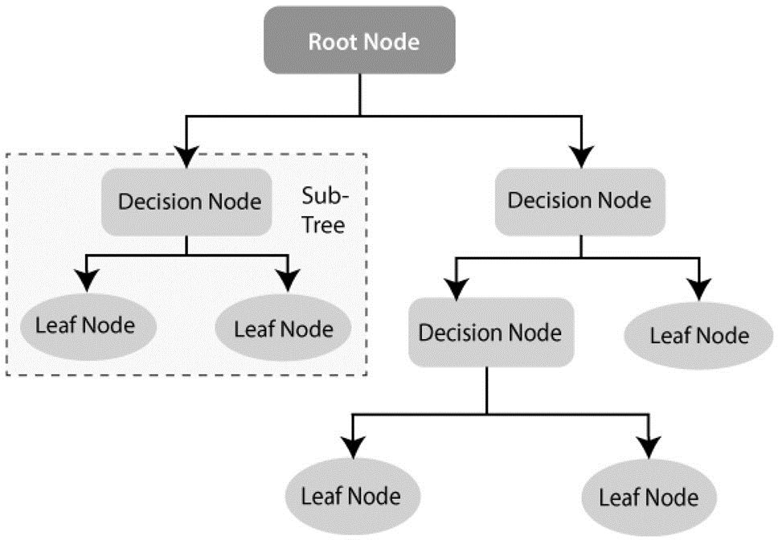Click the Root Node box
point(360,40)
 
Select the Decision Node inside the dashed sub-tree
point(186,202)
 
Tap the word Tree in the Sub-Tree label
point(324,225)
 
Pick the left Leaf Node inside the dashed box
point(88,326)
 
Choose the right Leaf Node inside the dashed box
point(283,329)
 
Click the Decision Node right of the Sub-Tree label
point(580,202)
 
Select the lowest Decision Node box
point(491,332)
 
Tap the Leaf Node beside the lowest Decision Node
point(698,336)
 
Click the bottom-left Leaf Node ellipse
point(353,497)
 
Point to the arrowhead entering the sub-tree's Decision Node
point(186,157)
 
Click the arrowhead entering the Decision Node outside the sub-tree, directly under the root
point(582,157)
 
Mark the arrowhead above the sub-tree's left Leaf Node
point(87,280)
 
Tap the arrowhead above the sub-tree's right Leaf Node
point(289,280)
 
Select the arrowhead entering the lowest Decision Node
point(456,289)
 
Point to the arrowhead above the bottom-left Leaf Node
point(353,448)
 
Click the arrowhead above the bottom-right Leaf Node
point(649,448)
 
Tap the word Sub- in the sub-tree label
point(326,196)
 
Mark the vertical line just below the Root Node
point(360,95)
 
